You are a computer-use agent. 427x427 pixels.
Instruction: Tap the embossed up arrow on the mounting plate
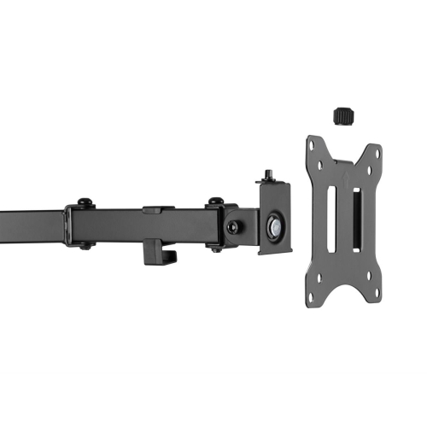coord(345,181)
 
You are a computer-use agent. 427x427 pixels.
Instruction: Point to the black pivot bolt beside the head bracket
coord(232,228)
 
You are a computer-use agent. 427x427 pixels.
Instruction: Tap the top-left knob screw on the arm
coord(83,202)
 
